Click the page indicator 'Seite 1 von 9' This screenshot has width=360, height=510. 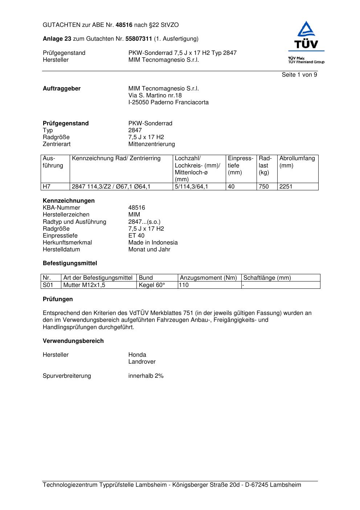tap(299, 75)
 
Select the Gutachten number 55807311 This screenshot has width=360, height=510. tap(139, 39)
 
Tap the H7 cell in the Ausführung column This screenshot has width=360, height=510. tap(47, 187)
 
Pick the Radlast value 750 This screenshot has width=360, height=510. tap(264, 187)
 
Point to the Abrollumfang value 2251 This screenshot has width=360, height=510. tap(286, 187)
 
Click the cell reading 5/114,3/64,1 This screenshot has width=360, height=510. tap(192, 187)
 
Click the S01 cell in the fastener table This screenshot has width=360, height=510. tap(48, 285)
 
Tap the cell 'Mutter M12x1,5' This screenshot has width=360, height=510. tap(84, 285)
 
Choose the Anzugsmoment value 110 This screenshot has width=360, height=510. tap(184, 285)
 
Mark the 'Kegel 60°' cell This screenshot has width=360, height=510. tap(152, 285)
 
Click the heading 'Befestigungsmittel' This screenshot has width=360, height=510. tap(70, 263)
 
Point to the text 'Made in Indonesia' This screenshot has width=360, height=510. tap(153, 243)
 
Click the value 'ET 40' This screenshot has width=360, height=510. tap(136, 236)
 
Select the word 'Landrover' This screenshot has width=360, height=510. tap(142, 362)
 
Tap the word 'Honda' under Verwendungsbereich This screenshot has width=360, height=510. tap(137, 355)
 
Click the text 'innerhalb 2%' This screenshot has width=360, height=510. tap(146, 376)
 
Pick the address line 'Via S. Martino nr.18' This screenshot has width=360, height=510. tap(155, 96)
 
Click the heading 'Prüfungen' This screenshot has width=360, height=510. tap(58, 299)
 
